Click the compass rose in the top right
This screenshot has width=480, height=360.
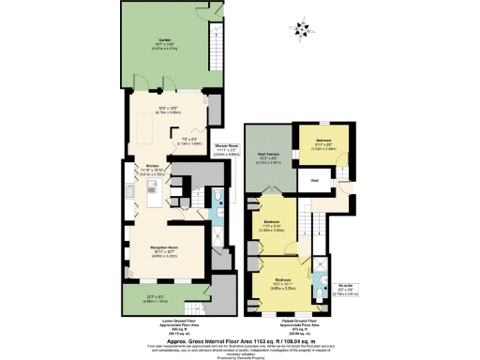(x=301, y=35)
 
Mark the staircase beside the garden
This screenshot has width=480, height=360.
(x=217, y=48)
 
